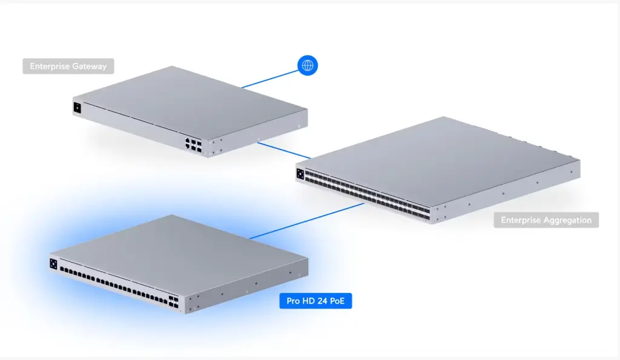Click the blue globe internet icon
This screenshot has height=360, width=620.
[x=308, y=66]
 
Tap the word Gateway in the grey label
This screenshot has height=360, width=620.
[x=90, y=67]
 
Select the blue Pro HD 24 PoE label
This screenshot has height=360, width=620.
[x=315, y=300]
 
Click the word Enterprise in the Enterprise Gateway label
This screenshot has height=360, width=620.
[x=50, y=67]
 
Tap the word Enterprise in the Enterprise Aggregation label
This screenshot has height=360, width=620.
[x=521, y=220]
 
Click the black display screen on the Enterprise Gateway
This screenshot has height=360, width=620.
[x=77, y=109]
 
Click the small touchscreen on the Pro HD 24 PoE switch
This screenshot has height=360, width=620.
[x=54, y=264]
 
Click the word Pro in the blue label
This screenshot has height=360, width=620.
[x=293, y=300]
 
